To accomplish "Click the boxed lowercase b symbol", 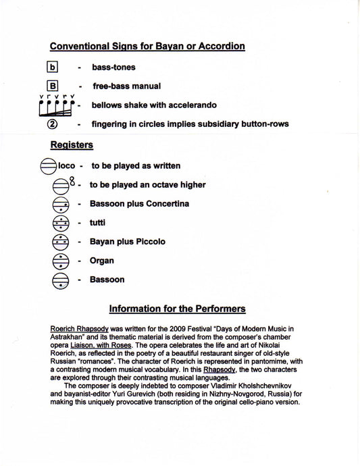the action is tap(52, 67).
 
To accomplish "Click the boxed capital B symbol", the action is tap(52, 86).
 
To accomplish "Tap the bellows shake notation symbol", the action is tap(57, 105).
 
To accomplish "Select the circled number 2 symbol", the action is tap(52, 124).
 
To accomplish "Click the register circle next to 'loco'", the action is tap(48, 166).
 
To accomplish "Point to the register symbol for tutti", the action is tap(61, 223).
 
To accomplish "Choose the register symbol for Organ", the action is tap(61, 261).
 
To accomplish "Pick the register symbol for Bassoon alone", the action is tap(61, 281).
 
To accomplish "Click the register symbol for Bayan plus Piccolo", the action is tap(61, 242).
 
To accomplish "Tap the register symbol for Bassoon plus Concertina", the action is tap(61, 205).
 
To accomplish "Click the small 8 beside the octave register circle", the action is tap(72, 181).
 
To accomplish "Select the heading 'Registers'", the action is tap(72, 145).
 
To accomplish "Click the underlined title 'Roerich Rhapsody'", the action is tap(80, 329).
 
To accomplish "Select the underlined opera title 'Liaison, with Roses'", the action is tap(101, 345).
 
